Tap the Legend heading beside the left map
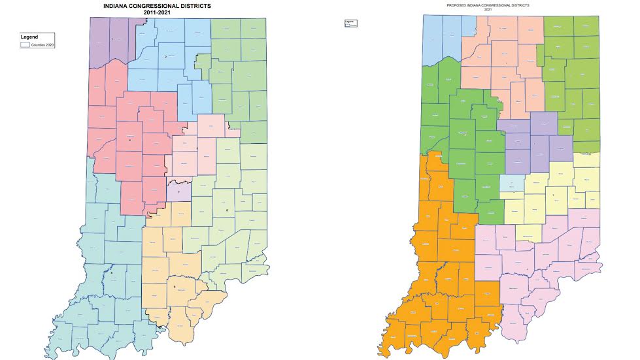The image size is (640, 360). pos(29,37)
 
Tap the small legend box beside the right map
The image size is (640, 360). pos(351,23)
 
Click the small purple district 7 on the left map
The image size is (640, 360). pos(178,191)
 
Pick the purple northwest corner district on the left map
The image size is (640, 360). pos(111,39)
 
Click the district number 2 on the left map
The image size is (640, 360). pos(166,57)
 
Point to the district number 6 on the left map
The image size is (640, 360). pos(226,210)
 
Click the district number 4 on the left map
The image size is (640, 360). pos(130,140)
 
